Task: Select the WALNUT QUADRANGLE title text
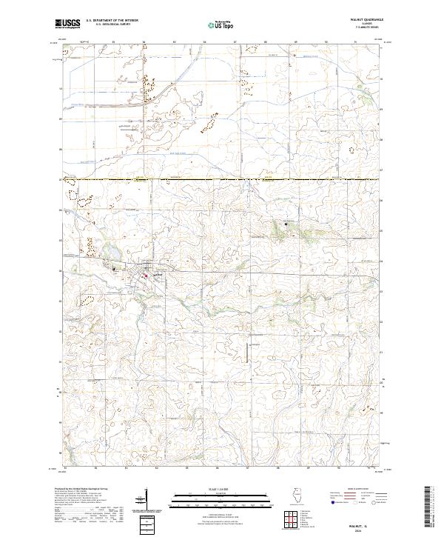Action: click(x=361, y=20)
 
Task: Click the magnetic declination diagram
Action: click(x=141, y=504)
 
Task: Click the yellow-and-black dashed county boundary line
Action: click(x=222, y=179)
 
